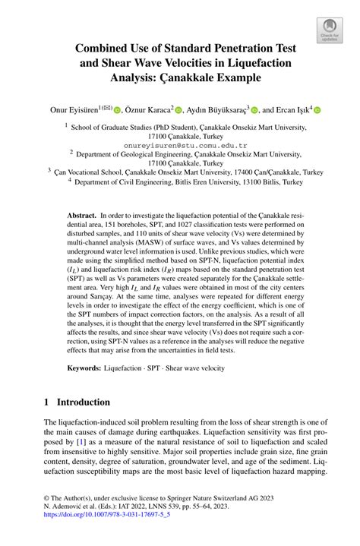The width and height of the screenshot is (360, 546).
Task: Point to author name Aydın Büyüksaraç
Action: (216, 109)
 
